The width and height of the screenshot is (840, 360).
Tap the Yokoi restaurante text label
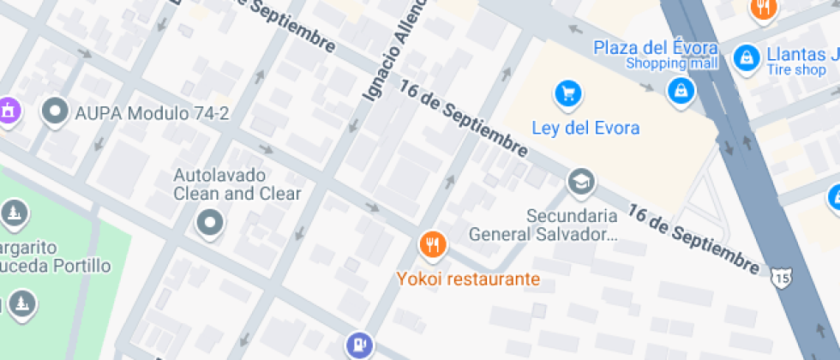point(468,279)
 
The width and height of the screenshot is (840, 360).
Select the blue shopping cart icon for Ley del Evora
point(567,93)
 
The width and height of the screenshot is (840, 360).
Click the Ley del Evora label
point(585,129)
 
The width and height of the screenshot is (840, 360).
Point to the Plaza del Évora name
point(654,46)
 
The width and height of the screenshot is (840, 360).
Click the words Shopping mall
point(671,63)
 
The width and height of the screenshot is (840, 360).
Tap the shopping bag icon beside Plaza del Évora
point(681,88)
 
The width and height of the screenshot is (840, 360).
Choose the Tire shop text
point(796,70)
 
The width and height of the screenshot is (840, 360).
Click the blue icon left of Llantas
point(747,57)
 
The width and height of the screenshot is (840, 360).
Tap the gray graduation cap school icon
point(581,182)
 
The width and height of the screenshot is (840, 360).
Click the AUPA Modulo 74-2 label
point(152,112)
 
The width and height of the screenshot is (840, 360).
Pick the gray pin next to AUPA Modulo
point(57,111)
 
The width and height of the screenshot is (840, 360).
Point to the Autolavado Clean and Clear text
point(237,184)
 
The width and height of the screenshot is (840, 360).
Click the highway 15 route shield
point(780,279)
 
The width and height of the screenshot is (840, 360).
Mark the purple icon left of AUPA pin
point(8,110)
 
